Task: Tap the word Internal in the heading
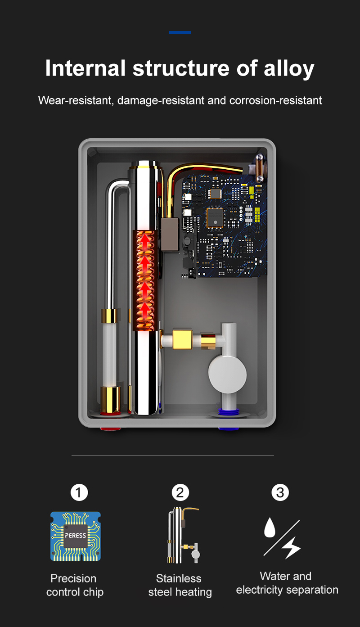click(85, 69)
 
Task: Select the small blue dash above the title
click(180, 32)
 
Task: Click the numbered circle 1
click(79, 493)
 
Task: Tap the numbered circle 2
click(180, 493)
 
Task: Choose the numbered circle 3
click(280, 493)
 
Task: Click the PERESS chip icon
click(75, 536)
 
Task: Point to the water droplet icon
click(270, 528)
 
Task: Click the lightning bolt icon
click(291, 547)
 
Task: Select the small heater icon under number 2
click(182, 536)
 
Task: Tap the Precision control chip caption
click(75, 585)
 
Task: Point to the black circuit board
click(225, 225)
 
